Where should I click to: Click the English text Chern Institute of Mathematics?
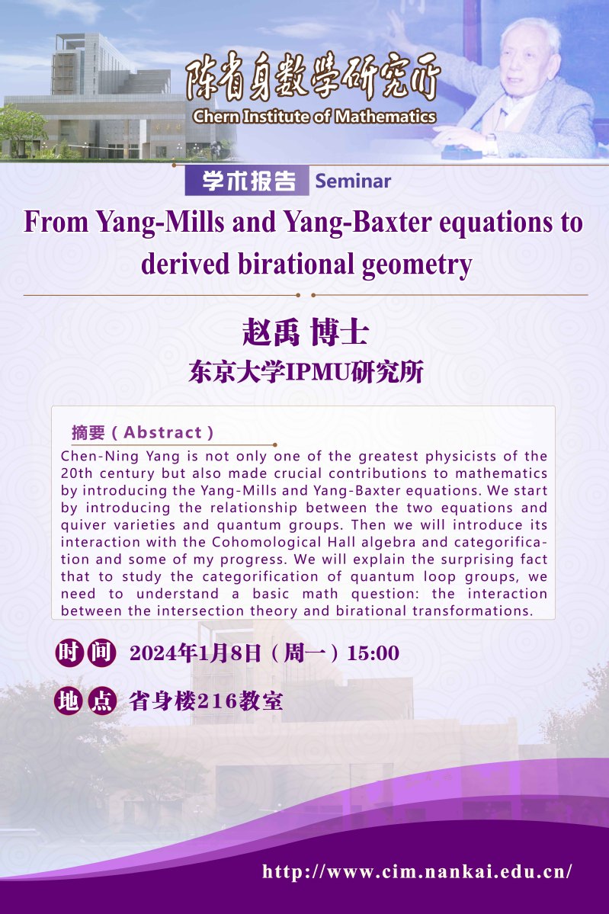coord(314,117)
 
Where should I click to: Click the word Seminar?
coord(353,181)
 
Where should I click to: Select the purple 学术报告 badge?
coord(246,181)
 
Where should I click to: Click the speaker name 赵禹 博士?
coord(306,333)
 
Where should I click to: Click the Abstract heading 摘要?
coord(88,432)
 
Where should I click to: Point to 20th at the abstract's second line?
coord(73,473)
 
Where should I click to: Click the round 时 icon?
coord(69,653)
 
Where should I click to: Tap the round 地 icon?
coord(69,701)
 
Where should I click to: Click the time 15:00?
coord(373,653)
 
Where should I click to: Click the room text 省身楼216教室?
coord(206,701)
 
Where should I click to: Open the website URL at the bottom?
coord(417,872)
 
